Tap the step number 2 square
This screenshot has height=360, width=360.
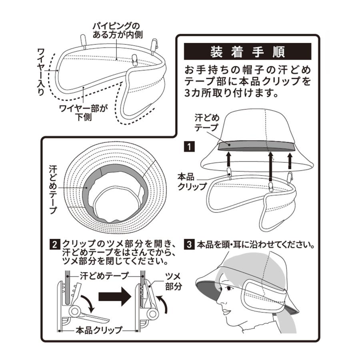tap(54, 244)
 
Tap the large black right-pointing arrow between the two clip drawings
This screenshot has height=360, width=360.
tap(114, 298)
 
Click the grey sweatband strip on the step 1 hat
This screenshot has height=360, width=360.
tap(256, 145)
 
